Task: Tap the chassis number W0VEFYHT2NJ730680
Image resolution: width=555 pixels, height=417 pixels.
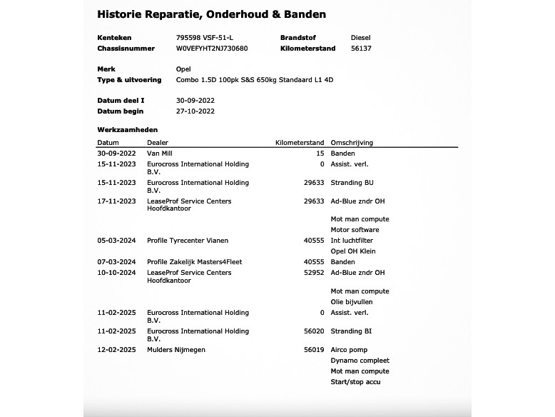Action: click(x=212, y=49)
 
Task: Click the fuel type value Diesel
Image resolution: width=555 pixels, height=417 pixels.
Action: click(x=360, y=38)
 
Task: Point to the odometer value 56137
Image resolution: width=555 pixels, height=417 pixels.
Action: click(x=361, y=49)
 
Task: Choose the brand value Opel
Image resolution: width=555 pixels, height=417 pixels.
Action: click(x=183, y=69)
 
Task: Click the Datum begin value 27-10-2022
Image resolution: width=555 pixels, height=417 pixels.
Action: click(x=195, y=111)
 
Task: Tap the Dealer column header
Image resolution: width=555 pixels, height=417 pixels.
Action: click(x=157, y=143)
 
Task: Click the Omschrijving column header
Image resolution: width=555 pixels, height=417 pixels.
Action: click(x=352, y=143)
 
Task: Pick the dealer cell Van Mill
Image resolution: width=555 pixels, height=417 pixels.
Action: click(x=160, y=154)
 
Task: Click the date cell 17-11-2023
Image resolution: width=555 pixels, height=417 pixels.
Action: click(x=116, y=201)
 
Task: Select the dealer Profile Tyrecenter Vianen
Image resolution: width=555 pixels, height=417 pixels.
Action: click(x=188, y=241)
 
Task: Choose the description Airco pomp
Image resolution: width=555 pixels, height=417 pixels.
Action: click(x=349, y=350)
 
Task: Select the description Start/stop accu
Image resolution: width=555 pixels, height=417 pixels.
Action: click(x=355, y=382)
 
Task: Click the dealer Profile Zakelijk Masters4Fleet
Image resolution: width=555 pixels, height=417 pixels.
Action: click(x=194, y=262)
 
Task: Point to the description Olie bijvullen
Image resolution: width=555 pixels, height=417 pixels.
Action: click(x=352, y=302)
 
